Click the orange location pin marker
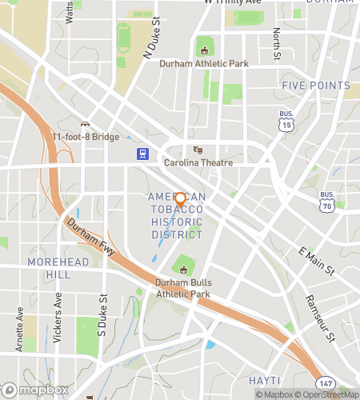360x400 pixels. (x=180, y=200)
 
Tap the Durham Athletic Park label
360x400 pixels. (x=203, y=63)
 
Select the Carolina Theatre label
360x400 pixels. (x=198, y=162)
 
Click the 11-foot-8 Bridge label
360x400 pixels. (x=86, y=136)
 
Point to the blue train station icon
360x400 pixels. (x=142, y=154)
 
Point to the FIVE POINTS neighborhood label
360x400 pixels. (x=316, y=85)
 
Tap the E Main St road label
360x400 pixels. (x=315, y=262)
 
